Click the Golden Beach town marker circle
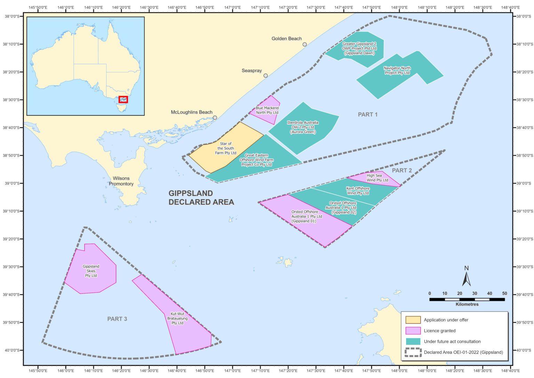[305, 44]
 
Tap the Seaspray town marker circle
[266, 76]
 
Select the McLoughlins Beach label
[192, 112]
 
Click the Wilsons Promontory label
[121, 181]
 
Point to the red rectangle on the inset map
[123, 100]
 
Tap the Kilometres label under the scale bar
[467, 304]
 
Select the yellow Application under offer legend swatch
[413, 320]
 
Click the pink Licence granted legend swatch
[413, 331]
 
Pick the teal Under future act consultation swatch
[413, 341]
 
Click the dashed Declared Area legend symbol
[413, 352]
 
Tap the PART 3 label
[117, 319]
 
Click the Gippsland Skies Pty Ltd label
[91, 271]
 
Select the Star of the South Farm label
[226, 148]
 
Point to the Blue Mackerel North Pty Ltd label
[267, 110]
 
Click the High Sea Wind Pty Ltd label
[377, 178]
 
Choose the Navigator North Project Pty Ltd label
[397, 71]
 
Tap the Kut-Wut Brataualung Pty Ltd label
[177, 318]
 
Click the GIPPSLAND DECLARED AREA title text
[201, 198]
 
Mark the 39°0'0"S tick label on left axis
[11, 183]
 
